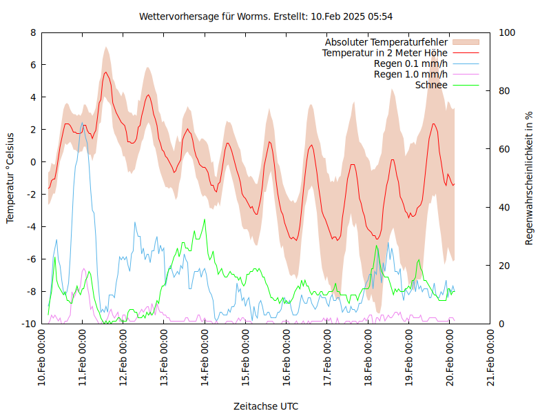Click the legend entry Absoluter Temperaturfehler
click(x=386, y=42)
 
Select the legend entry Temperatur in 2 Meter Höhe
click(x=385, y=52)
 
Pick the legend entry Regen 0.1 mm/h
click(x=410, y=63)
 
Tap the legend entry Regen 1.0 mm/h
click(x=410, y=74)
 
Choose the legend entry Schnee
click(x=432, y=85)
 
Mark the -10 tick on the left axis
click(x=29, y=324)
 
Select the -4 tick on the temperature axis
click(x=31, y=227)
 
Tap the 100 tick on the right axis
click(x=507, y=32)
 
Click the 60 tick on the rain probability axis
click(x=505, y=149)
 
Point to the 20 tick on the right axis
click(x=505, y=266)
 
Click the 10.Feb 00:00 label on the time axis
click(x=42, y=360)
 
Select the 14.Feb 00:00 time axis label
click(x=205, y=360)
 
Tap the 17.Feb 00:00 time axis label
click(x=327, y=360)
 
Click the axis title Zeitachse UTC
click(x=266, y=406)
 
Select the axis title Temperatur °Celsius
click(x=10, y=178)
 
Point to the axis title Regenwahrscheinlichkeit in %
click(x=530, y=178)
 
